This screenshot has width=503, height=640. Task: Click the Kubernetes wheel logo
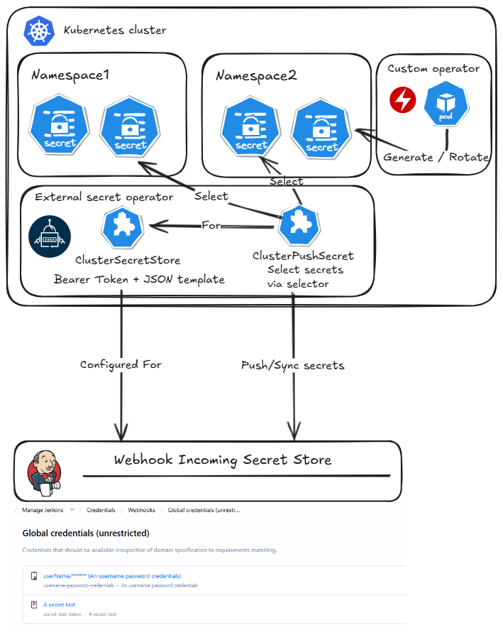click(x=38, y=31)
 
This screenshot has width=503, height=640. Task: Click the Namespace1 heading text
click(x=70, y=75)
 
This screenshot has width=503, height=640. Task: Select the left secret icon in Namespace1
click(x=59, y=127)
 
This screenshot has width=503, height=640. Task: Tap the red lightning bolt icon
click(x=403, y=99)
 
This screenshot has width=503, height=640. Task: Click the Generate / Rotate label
click(x=436, y=157)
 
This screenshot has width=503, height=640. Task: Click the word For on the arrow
click(x=211, y=225)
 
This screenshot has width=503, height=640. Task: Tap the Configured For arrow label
click(x=121, y=364)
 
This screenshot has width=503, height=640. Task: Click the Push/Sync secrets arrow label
click(x=292, y=365)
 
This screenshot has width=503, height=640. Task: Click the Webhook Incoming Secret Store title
click(x=223, y=460)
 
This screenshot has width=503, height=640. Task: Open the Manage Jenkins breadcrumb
click(x=43, y=510)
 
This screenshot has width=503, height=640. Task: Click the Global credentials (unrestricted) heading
click(x=86, y=533)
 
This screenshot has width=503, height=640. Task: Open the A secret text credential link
click(x=60, y=605)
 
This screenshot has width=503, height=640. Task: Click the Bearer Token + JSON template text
click(x=139, y=279)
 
